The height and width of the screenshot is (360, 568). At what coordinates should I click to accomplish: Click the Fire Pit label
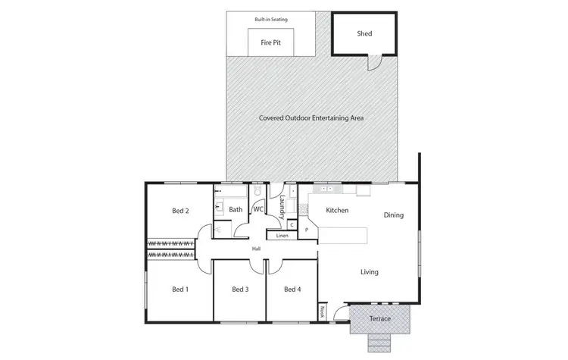(x=271, y=44)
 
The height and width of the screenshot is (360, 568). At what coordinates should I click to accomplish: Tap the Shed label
(x=364, y=33)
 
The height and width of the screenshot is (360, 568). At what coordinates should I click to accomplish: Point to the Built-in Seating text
(x=270, y=18)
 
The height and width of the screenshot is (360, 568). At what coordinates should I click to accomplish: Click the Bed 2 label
(x=180, y=211)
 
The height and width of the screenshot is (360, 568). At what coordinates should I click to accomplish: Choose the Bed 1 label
(x=180, y=289)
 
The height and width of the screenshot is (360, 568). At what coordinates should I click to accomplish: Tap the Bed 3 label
(x=239, y=289)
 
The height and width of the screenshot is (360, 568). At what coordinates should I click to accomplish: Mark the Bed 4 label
(x=292, y=289)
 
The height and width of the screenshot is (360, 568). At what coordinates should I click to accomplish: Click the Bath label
(x=236, y=209)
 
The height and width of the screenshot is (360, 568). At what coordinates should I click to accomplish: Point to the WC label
(x=258, y=209)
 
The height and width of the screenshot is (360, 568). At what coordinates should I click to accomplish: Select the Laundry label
(x=281, y=207)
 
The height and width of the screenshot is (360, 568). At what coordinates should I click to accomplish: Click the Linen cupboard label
(x=282, y=236)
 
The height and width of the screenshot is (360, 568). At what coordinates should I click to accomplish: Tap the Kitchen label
(x=337, y=210)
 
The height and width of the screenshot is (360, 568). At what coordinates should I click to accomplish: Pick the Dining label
(x=394, y=215)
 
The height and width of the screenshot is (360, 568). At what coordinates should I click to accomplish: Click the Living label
(x=369, y=272)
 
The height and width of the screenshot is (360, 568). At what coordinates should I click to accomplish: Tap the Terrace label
(x=379, y=318)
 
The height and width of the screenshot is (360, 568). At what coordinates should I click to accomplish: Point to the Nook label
(x=322, y=311)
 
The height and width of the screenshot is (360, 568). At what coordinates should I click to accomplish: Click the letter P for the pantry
(x=307, y=229)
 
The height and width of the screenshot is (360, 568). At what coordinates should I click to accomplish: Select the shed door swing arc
(x=373, y=63)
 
